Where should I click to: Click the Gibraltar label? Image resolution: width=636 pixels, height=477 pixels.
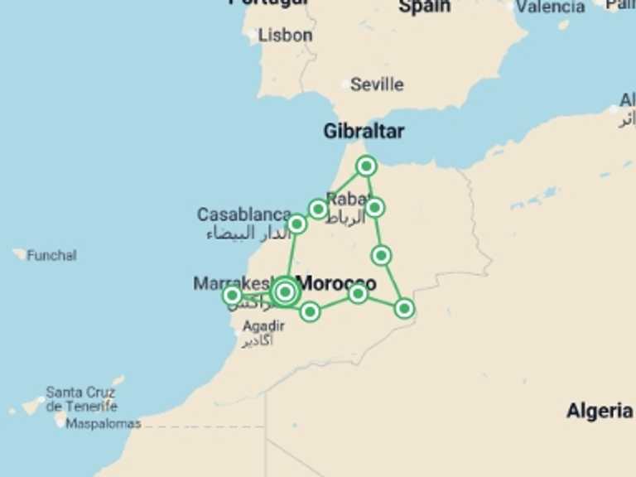(x=364, y=131)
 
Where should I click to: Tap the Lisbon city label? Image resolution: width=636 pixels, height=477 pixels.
(x=285, y=36)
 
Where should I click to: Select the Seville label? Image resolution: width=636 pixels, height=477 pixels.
(x=377, y=84)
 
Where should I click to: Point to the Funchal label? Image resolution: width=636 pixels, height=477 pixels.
(x=51, y=255)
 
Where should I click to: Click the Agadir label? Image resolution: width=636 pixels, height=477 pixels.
(x=263, y=326)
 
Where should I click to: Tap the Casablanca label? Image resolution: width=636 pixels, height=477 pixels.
(x=243, y=214)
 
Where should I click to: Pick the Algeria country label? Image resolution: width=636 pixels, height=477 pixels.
(x=600, y=411)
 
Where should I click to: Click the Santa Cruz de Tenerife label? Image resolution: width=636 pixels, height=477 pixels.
(x=81, y=399)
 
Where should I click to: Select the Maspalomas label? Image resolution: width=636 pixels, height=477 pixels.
(x=103, y=424)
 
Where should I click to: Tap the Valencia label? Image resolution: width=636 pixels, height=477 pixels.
(x=550, y=7)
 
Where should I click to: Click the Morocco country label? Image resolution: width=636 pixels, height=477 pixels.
(x=335, y=283)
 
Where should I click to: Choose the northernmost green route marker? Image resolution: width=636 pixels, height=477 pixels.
(x=367, y=166)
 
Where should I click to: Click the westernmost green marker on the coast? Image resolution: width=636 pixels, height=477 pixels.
(x=233, y=295)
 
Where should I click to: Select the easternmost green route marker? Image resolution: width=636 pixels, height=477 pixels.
(x=404, y=308)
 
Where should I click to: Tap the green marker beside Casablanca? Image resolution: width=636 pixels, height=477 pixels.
(x=297, y=224)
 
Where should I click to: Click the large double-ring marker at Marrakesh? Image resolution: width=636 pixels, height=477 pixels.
(x=285, y=291)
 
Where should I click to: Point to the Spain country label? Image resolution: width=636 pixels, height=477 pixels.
(x=424, y=6)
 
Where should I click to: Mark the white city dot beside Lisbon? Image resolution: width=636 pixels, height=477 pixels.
(x=253, y=36)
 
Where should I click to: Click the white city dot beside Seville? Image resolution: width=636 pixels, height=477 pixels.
(x=346, y=84)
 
